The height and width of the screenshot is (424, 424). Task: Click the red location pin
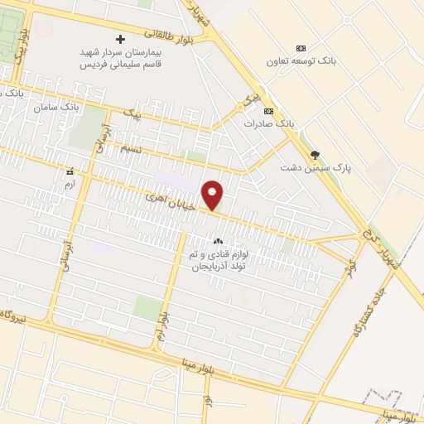pos(213,195)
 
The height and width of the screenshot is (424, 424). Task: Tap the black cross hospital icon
pos(121,39)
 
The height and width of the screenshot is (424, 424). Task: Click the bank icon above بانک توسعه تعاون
pos(301,48)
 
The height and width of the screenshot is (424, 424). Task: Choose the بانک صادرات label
pos(269,123)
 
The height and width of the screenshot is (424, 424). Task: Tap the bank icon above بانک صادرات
pos(267,111)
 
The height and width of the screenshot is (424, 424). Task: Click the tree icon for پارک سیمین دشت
pos(314,154)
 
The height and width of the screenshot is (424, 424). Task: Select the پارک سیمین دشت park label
pos(314,167)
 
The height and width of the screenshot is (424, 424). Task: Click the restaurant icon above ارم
pos(70,171)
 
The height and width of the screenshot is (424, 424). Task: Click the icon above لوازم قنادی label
pos(218,240)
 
